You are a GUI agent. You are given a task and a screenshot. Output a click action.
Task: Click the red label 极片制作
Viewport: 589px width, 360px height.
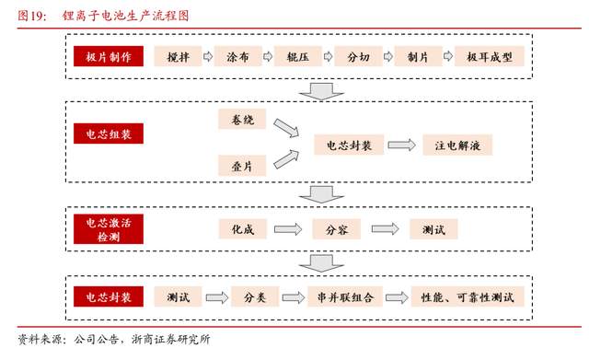point(108,57)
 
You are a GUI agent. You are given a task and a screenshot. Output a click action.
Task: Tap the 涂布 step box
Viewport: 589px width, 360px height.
point(237,57)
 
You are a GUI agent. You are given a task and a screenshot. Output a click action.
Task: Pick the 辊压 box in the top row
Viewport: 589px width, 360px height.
point(296,57)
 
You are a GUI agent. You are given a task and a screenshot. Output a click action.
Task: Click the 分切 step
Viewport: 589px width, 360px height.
point(358,57)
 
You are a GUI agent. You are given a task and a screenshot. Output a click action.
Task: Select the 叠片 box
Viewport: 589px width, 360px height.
point(243,167)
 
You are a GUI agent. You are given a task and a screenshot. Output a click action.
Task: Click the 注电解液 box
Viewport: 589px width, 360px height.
point(457,145)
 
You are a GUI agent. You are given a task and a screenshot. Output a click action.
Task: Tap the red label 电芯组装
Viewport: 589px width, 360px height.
point(108,135)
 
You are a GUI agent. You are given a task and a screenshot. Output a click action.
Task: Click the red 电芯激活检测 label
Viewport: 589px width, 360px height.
point(108,228)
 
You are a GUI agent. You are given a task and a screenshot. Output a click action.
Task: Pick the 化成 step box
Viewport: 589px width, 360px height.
point(243,228)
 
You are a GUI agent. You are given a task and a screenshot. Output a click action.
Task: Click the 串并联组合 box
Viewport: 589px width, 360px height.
point(344,297)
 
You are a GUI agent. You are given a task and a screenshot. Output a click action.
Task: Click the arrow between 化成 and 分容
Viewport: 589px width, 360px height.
point(288,228)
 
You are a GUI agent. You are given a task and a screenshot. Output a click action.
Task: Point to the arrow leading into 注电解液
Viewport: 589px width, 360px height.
point(400,145)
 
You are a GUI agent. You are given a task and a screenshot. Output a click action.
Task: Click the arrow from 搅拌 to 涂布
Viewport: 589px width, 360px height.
point(208,57)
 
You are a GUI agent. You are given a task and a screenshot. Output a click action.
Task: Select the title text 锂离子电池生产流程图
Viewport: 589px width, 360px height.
point(122,15)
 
